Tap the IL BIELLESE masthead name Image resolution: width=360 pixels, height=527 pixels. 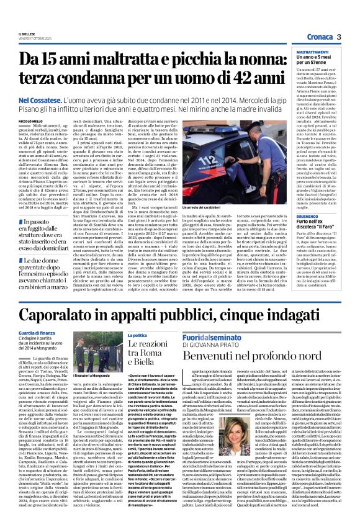coord(29,35)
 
